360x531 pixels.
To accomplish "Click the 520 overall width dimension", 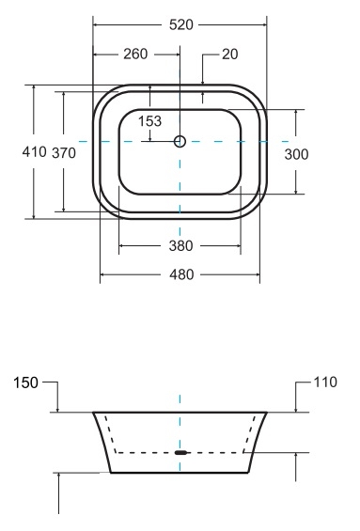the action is (x=181, y=25).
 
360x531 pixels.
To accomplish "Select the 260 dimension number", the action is (x=135, y=55).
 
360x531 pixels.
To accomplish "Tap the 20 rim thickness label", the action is (x=230, y=55).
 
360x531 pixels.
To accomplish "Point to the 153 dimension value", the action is (x=150, y=121).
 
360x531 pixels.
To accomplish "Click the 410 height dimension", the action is (x=34, y=151).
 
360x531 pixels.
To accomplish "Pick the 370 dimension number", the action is (x=64, y=153).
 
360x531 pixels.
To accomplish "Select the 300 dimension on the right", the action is (x=296, y=154).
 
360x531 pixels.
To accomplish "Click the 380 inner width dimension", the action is (x=181, y=246).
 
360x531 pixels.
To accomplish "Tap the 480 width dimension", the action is (x=181, y=274).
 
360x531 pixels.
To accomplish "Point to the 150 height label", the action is (x=25, y=383).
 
